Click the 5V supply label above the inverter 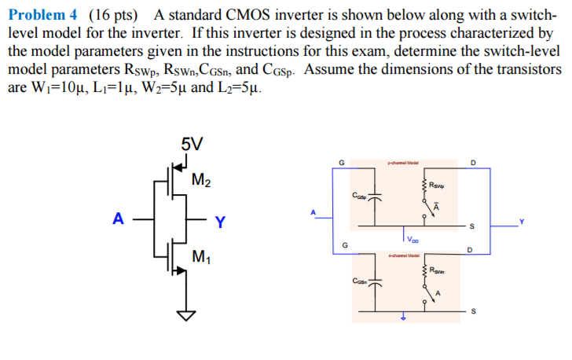192,144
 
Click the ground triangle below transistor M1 186,315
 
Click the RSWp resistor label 438,186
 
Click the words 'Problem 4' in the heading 39,14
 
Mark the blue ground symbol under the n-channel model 403,318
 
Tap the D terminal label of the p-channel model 472,163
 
